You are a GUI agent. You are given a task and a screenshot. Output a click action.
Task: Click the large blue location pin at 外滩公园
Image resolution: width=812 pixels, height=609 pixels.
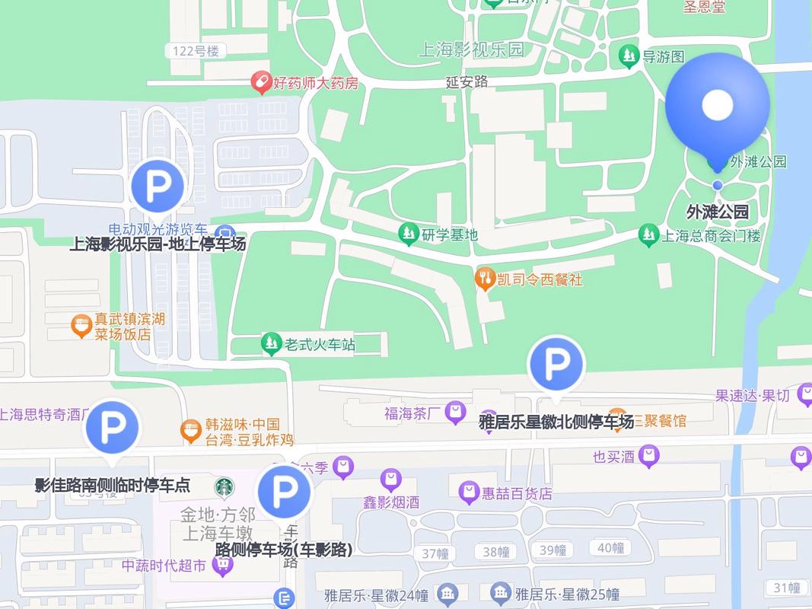tap(717, 107)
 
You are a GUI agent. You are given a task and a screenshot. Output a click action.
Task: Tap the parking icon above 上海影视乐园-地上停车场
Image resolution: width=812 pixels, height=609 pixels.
tap(158, 185)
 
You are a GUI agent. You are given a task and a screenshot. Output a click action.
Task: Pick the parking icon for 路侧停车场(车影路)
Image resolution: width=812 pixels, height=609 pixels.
tap(285, 493)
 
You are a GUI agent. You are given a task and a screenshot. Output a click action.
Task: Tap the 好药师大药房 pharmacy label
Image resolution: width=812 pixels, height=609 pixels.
tap(316, 82)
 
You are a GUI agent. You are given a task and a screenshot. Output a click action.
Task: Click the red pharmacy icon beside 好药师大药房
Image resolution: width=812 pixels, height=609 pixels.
tap(262, 81)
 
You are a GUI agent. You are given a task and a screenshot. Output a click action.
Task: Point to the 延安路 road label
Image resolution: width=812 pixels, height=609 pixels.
tap(467, 81)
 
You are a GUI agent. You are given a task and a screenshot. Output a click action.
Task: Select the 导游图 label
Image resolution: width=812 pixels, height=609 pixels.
tap(664, 56)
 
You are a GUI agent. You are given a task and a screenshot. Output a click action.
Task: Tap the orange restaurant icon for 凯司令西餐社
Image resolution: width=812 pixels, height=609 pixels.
tap(485, 279)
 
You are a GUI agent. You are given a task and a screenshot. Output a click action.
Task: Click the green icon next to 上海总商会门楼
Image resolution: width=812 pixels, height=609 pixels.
tap(648, 235)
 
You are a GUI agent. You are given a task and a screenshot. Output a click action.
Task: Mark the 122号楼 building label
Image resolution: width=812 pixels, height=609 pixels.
tap(196, 51)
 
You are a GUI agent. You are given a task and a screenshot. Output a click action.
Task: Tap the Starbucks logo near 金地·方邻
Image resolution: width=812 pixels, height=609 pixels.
tap(224, 486)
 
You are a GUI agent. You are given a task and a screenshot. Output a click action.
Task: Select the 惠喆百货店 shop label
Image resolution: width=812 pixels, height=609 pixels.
tap(517, 493)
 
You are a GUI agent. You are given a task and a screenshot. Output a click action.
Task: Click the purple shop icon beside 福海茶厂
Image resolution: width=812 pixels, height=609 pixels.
tap(455, 413)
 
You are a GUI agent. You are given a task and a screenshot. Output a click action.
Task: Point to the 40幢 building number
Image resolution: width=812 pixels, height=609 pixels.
tap(611, 548)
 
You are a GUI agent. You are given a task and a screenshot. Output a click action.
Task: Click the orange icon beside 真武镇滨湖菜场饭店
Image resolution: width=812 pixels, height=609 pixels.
tap(81, 327)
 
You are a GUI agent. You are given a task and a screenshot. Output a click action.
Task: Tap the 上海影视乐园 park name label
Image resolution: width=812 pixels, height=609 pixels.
tap(472, 50)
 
